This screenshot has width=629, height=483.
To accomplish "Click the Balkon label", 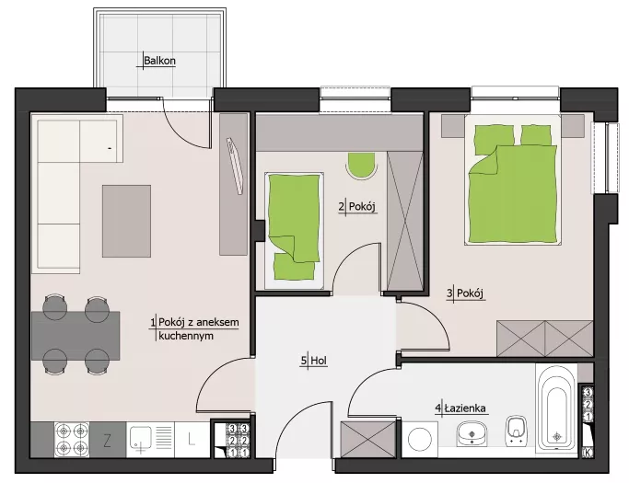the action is pyautogui.click(x=159, y=61).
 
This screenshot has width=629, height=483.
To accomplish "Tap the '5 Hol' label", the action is pyautogui.click(x=314, y=361).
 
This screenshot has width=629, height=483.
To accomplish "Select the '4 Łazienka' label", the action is pyautogui.click(x=460, y=408).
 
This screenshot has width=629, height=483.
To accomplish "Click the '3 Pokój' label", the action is pyautogui.click(x=465, y=293).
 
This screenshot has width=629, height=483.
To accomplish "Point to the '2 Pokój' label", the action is pyautogui.click(x=357, y=207).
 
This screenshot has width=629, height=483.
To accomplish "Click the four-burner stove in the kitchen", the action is pyautogui.click(x=72, y=440).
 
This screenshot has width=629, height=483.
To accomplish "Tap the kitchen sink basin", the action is pyautogui.click(x=140, y=439).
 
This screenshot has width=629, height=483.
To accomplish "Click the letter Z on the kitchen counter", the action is pyautogui.click(x=107, y=441).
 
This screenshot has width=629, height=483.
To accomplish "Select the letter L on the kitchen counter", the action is pyautogui.click(x=192, y=440).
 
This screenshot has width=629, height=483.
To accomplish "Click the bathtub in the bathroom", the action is pyautogui.click(x=556, y=408).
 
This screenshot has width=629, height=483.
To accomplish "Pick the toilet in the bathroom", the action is pyautogui.click(x=517, y=431).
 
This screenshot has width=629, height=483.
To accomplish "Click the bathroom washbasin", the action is pyautogui.click(x=472, y=433).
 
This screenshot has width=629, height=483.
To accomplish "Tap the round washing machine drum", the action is pyautogui.click(x=420, y=439).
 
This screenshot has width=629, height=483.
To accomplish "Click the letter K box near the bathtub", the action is pyautogui.click(x=588, y=453).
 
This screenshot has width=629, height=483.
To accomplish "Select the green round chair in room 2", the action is pyautogui.click(x=362, y=166).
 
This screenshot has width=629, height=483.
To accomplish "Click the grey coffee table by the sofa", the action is pyautogui.click(x=126, y=221).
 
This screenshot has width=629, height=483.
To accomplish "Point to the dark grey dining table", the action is pyautogui.click(x=76, y=336).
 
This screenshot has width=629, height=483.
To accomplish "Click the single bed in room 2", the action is pyautogui.click(x=294, y=231).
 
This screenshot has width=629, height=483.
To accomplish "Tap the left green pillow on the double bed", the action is pyautogui.click(x=495, y=139).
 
